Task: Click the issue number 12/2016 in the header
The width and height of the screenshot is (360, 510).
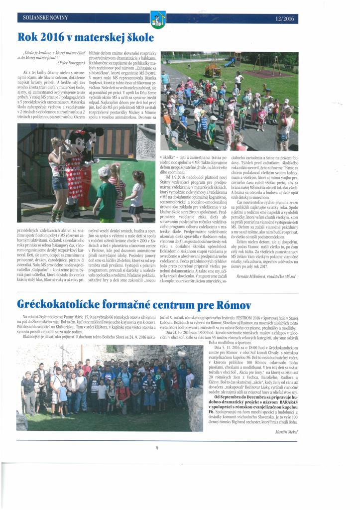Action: [283, 19]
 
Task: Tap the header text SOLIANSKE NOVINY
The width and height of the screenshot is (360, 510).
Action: [45, 18]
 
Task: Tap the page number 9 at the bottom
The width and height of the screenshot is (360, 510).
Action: [157, 448]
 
